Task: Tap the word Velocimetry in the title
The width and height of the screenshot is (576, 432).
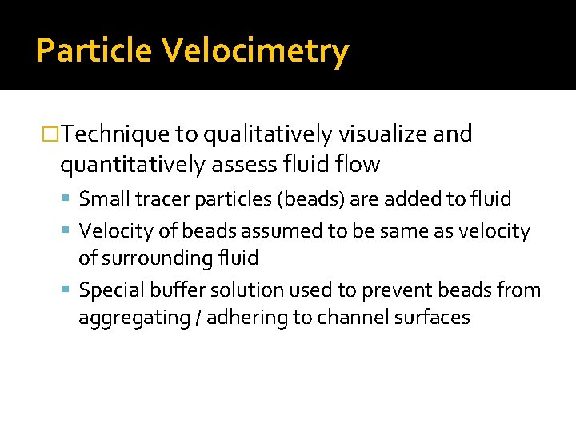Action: (x=256, y=51)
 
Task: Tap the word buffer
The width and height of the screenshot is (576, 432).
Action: (x=170, y=290)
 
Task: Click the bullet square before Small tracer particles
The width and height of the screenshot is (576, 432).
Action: (x=70, y=198)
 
